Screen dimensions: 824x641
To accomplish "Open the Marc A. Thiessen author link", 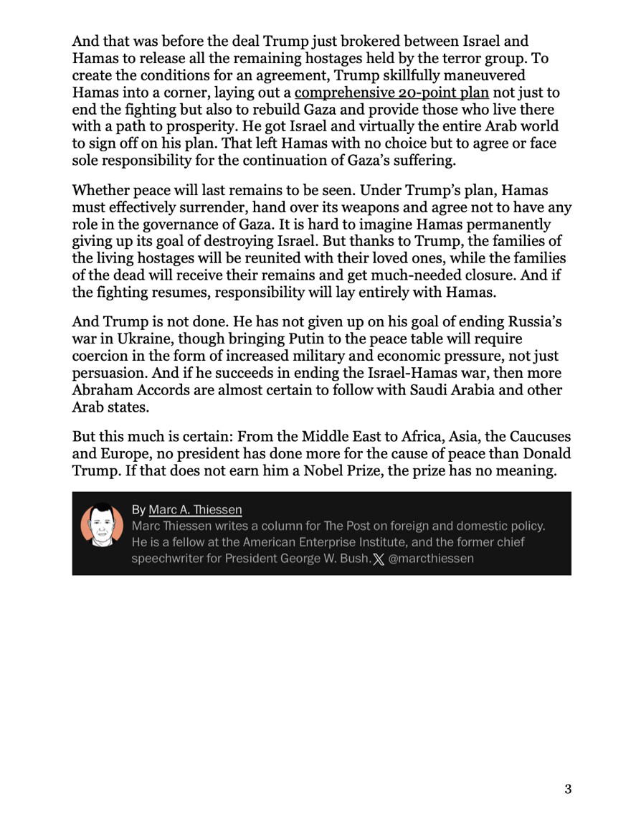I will coord(195,510).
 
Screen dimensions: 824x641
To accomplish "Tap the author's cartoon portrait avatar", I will coord(100,532).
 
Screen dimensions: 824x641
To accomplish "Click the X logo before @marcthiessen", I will coord(379,559).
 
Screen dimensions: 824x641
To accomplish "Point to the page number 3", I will coord(568,790).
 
